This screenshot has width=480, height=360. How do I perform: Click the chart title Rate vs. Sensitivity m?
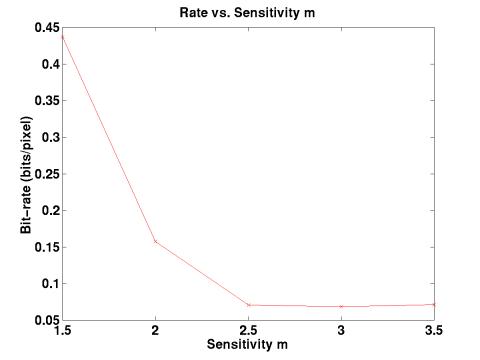pyautogui.click(x=248, y=11)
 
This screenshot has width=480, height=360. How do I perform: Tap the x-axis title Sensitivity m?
pyautogui.click(x=248, y=345)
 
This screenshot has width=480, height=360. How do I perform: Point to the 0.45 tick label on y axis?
pyautogui.click(x=46, y=27)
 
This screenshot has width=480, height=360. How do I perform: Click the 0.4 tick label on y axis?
pyautogui.click(x=49, y=64)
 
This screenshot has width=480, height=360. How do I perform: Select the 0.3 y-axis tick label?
pyautogui.click(x=49, y=137)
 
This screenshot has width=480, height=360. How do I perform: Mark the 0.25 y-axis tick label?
pyautogui.click(x=46, y=174)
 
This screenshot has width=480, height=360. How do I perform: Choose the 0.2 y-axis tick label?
pyautogui.click(x=49, y=210)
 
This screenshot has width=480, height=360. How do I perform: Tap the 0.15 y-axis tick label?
pyautogui.click(x=46, y=247)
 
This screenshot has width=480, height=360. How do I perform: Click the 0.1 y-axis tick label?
pyautogui.click(x=49, y=284)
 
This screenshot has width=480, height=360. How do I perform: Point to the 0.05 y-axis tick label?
pyautogui.click(x=46, y=320)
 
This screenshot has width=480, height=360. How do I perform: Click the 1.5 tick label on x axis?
pyautogui.click(x=63, y=331)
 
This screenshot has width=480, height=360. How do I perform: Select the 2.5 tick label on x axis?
pyautogui.click(x=249, y=331)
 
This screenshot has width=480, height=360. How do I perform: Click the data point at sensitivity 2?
pyautogui.click(x=156, y=241)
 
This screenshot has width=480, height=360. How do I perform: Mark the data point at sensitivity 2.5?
pyautogui.click(x=249, y=305)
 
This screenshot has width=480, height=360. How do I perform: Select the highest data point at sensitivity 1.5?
pyautogui.click(x=63, y=35)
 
